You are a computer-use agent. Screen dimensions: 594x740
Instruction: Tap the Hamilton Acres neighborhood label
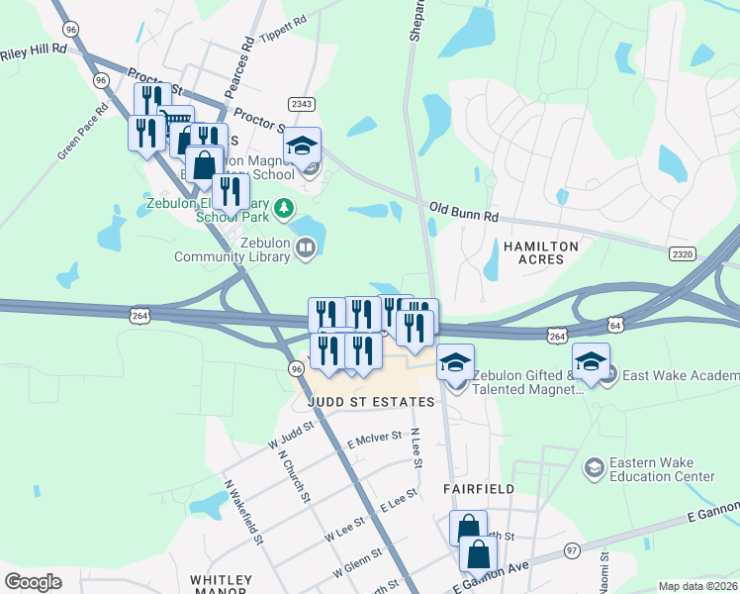[534, 251]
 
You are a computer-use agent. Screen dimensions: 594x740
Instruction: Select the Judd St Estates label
[371, 402]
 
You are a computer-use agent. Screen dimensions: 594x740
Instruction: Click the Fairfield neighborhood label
[479, 489]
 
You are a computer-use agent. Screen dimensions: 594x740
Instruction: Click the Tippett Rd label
[283, 26]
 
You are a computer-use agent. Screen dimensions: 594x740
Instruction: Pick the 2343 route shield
[302, 104]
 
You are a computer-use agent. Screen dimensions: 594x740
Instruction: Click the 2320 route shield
[682, 254]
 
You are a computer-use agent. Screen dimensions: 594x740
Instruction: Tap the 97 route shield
[572, 549]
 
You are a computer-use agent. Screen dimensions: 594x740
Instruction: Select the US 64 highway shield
[615, 325]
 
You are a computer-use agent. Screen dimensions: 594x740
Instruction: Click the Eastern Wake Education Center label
[662, 469]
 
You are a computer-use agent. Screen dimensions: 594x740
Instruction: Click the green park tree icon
[285, 208]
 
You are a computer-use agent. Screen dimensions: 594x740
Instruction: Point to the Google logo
[34, 581]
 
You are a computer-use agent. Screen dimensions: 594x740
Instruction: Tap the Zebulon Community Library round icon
[306, 247]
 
